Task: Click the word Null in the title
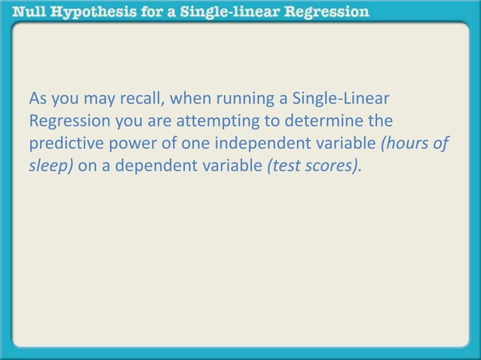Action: click(x=20, y=11)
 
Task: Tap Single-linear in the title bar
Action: click(x=226, y=11)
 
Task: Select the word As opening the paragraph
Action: click(x=37, y=100)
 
